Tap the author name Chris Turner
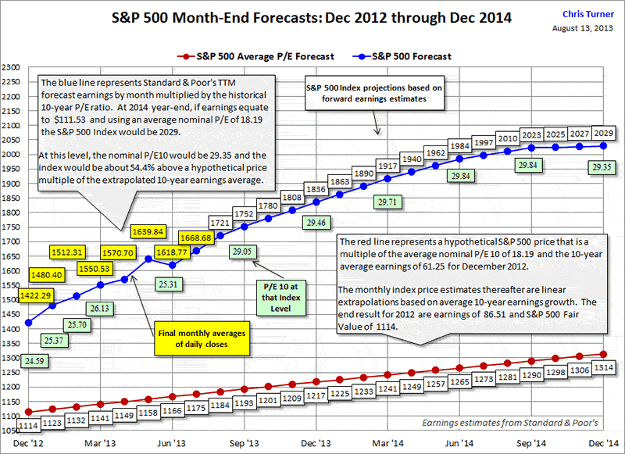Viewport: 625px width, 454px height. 591,14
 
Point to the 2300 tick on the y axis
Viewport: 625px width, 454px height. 11,67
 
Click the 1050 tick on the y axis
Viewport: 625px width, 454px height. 11,431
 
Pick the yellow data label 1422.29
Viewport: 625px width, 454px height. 37,295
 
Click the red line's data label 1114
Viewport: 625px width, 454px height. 28,426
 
